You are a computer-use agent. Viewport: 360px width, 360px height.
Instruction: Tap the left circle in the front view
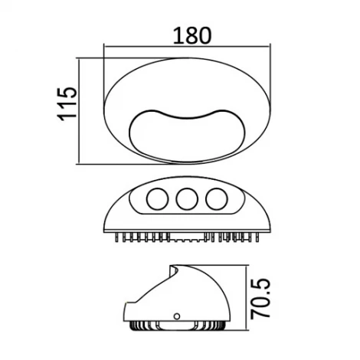[156, 199]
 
